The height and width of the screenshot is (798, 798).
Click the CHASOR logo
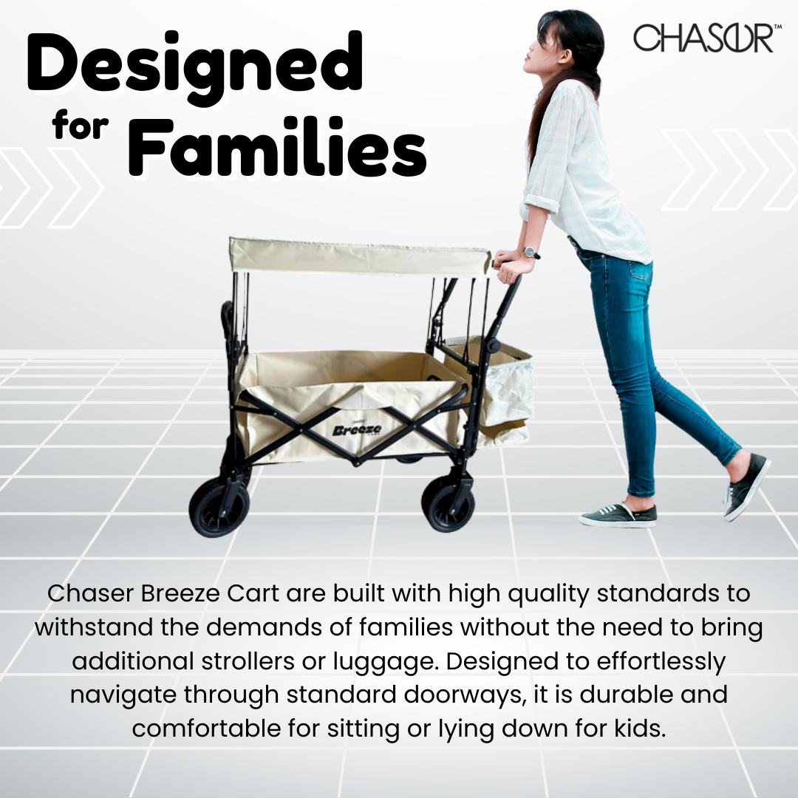[703, 38]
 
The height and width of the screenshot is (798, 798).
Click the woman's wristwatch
[530, 253]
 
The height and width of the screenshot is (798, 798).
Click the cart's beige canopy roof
[359, 256]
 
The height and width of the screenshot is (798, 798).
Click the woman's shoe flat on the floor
[618, 516]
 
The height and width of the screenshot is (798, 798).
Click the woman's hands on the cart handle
[508, 265]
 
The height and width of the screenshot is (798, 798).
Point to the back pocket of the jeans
[637, 270]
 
